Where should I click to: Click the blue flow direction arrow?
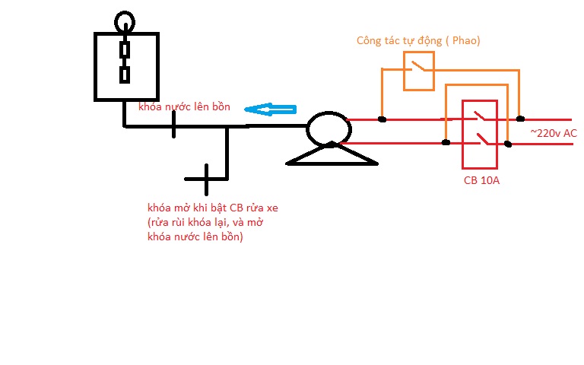(x=271, y=109)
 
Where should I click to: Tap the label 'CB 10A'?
(x=481, y=181)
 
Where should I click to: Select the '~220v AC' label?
(x=554, y=133)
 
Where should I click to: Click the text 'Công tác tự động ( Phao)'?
(x=418, y=40)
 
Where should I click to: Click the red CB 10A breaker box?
(x=462, y=134)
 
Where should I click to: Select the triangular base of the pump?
(x=332, y=163)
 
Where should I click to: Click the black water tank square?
(x=95, y=67)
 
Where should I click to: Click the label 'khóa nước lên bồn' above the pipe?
(x=184, y=107)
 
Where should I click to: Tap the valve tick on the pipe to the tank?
(x=173, y=125)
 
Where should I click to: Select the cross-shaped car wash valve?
(x=206, y=179)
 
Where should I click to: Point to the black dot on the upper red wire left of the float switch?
(x=382, y=119)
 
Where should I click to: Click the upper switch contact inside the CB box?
(x=478, y=116)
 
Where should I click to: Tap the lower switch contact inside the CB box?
(x=482, y=139)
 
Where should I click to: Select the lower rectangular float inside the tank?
(x=125, y=75)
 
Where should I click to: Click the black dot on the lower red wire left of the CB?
(x=446, y=142)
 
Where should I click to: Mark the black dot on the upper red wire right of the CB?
(x=520, y=119)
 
